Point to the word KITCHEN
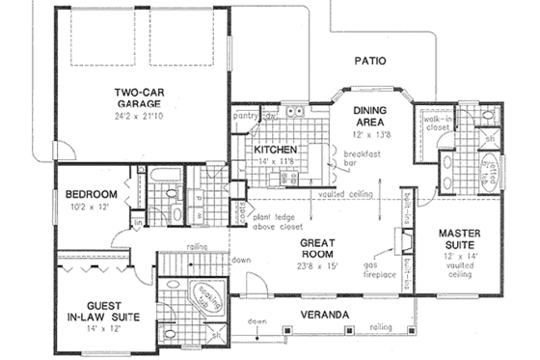[276, 152]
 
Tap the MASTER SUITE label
[461, 240]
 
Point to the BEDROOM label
[92, 193]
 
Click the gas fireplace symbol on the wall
[400, 241]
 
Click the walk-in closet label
[430, 122]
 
